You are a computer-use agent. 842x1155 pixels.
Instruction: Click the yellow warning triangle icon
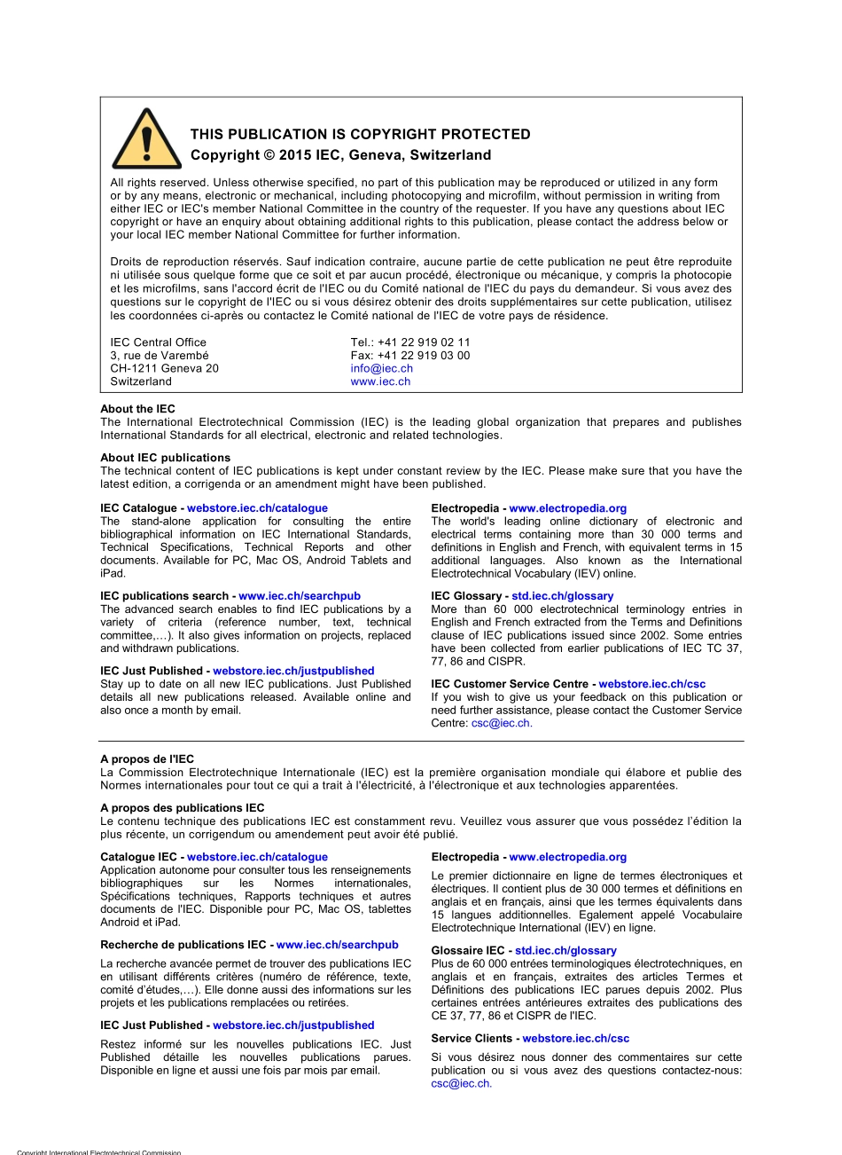tap(135, 140)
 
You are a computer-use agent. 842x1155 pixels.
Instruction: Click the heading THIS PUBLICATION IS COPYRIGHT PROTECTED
tap(360, 135)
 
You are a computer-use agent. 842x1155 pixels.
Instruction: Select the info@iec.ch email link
tap(381, 368)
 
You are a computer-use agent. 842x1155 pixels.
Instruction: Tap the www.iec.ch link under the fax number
tap(380, 381)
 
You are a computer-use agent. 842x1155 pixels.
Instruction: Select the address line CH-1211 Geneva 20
tap(164, 368)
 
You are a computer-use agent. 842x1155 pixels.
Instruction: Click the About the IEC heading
tap(137, 409)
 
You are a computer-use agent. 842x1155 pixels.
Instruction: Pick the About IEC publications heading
tap(165, 458)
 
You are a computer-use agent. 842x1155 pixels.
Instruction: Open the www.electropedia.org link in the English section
tap(567, 508)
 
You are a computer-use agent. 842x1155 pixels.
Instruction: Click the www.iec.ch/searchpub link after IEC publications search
tap(300, 596)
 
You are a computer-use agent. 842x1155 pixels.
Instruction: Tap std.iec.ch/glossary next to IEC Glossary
tap(563, 596)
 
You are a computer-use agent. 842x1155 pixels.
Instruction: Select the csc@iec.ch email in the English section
tap(501, 723)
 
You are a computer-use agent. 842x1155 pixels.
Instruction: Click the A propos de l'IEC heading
tap(147, 759)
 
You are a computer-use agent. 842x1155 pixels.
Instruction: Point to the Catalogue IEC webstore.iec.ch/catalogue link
tap(257, 857)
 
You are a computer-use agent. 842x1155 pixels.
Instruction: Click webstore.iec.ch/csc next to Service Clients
tap(575, 1038)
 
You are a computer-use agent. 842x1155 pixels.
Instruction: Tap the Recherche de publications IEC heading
tap(186, 945)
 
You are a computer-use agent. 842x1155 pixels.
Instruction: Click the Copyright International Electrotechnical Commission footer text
tap(98, 1151)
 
